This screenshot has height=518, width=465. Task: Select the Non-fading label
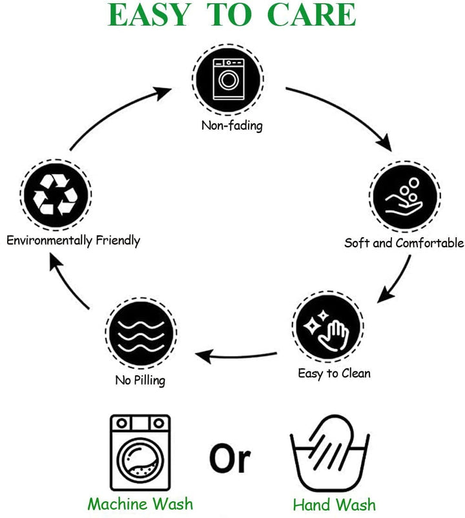(x=232, y=125)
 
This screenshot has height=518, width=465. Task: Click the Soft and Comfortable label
(x=404, y=243)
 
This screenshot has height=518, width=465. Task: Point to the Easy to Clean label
(x=334, y=373)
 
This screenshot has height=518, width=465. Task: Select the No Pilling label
(x=140, y=380)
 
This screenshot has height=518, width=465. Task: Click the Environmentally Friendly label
(x=73, y=240)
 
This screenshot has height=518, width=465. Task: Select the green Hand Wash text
(x=334, y=504)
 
